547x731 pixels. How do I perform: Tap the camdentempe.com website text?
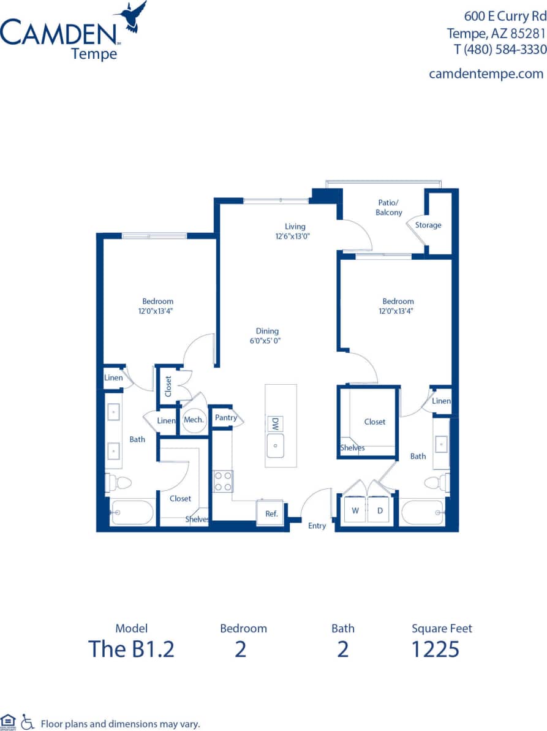(486, 74)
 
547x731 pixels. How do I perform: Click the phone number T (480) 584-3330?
(496, 50)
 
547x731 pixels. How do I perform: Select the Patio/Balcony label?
(389, 208)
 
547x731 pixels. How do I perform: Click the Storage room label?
(428, 225)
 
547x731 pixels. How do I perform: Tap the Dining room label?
(267, 331)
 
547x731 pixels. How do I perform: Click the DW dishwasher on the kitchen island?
(275, 423)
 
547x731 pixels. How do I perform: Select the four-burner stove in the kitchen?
(223, 481)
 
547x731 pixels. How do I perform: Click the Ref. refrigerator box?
(271, 513)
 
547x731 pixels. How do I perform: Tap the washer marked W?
(355, 510)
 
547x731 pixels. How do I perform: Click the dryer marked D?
(379, 510)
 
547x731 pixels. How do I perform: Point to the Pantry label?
(225, 418)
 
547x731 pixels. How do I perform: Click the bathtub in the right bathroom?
(423, 512)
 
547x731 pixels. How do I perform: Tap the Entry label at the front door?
(317, 526)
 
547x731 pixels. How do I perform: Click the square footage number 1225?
(435, 648)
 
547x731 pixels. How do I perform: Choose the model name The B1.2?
(131, 648)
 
